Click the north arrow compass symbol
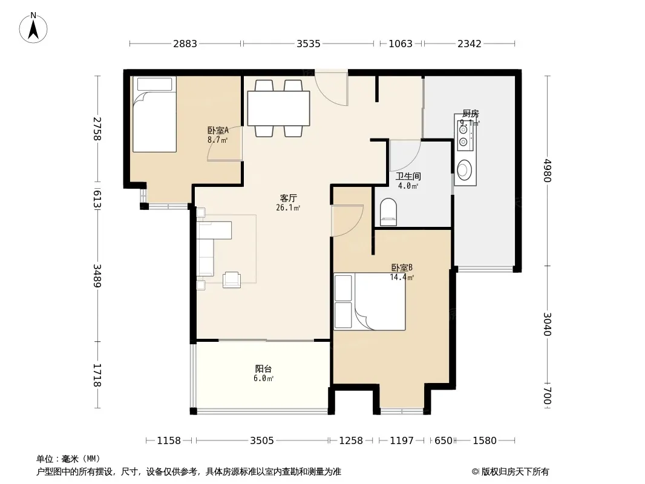pos(33,28)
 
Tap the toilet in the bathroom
pos(388,212)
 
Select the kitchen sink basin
pos(465,170)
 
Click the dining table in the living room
pos(278,108)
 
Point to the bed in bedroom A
pos(155,114)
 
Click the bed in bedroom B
pos(370,302)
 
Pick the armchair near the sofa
pos(232,280)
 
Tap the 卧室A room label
pos(218,130)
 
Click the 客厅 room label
pos(289,198)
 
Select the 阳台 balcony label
pos(263,369)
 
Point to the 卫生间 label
pos(408,177)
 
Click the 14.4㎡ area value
pos(402,277)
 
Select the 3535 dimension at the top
pos(309,44)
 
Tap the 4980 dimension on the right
pos(547,170)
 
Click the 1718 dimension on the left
pos(97,375)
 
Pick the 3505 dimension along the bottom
pos(262,441)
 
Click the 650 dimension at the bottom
pos(444,441)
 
